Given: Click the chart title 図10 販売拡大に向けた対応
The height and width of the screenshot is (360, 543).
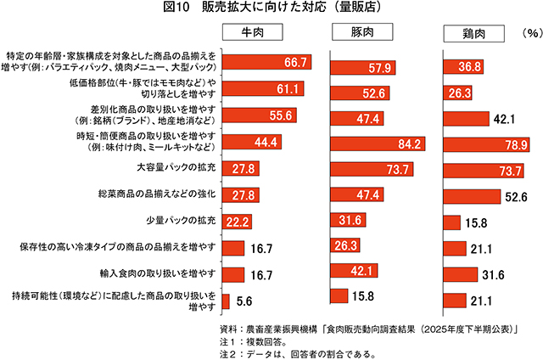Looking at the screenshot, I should [x=271, y=9].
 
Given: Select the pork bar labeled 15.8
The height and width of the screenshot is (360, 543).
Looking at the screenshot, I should [x=339, y=296].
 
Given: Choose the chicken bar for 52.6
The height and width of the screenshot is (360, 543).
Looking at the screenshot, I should [x=474, y=197].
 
